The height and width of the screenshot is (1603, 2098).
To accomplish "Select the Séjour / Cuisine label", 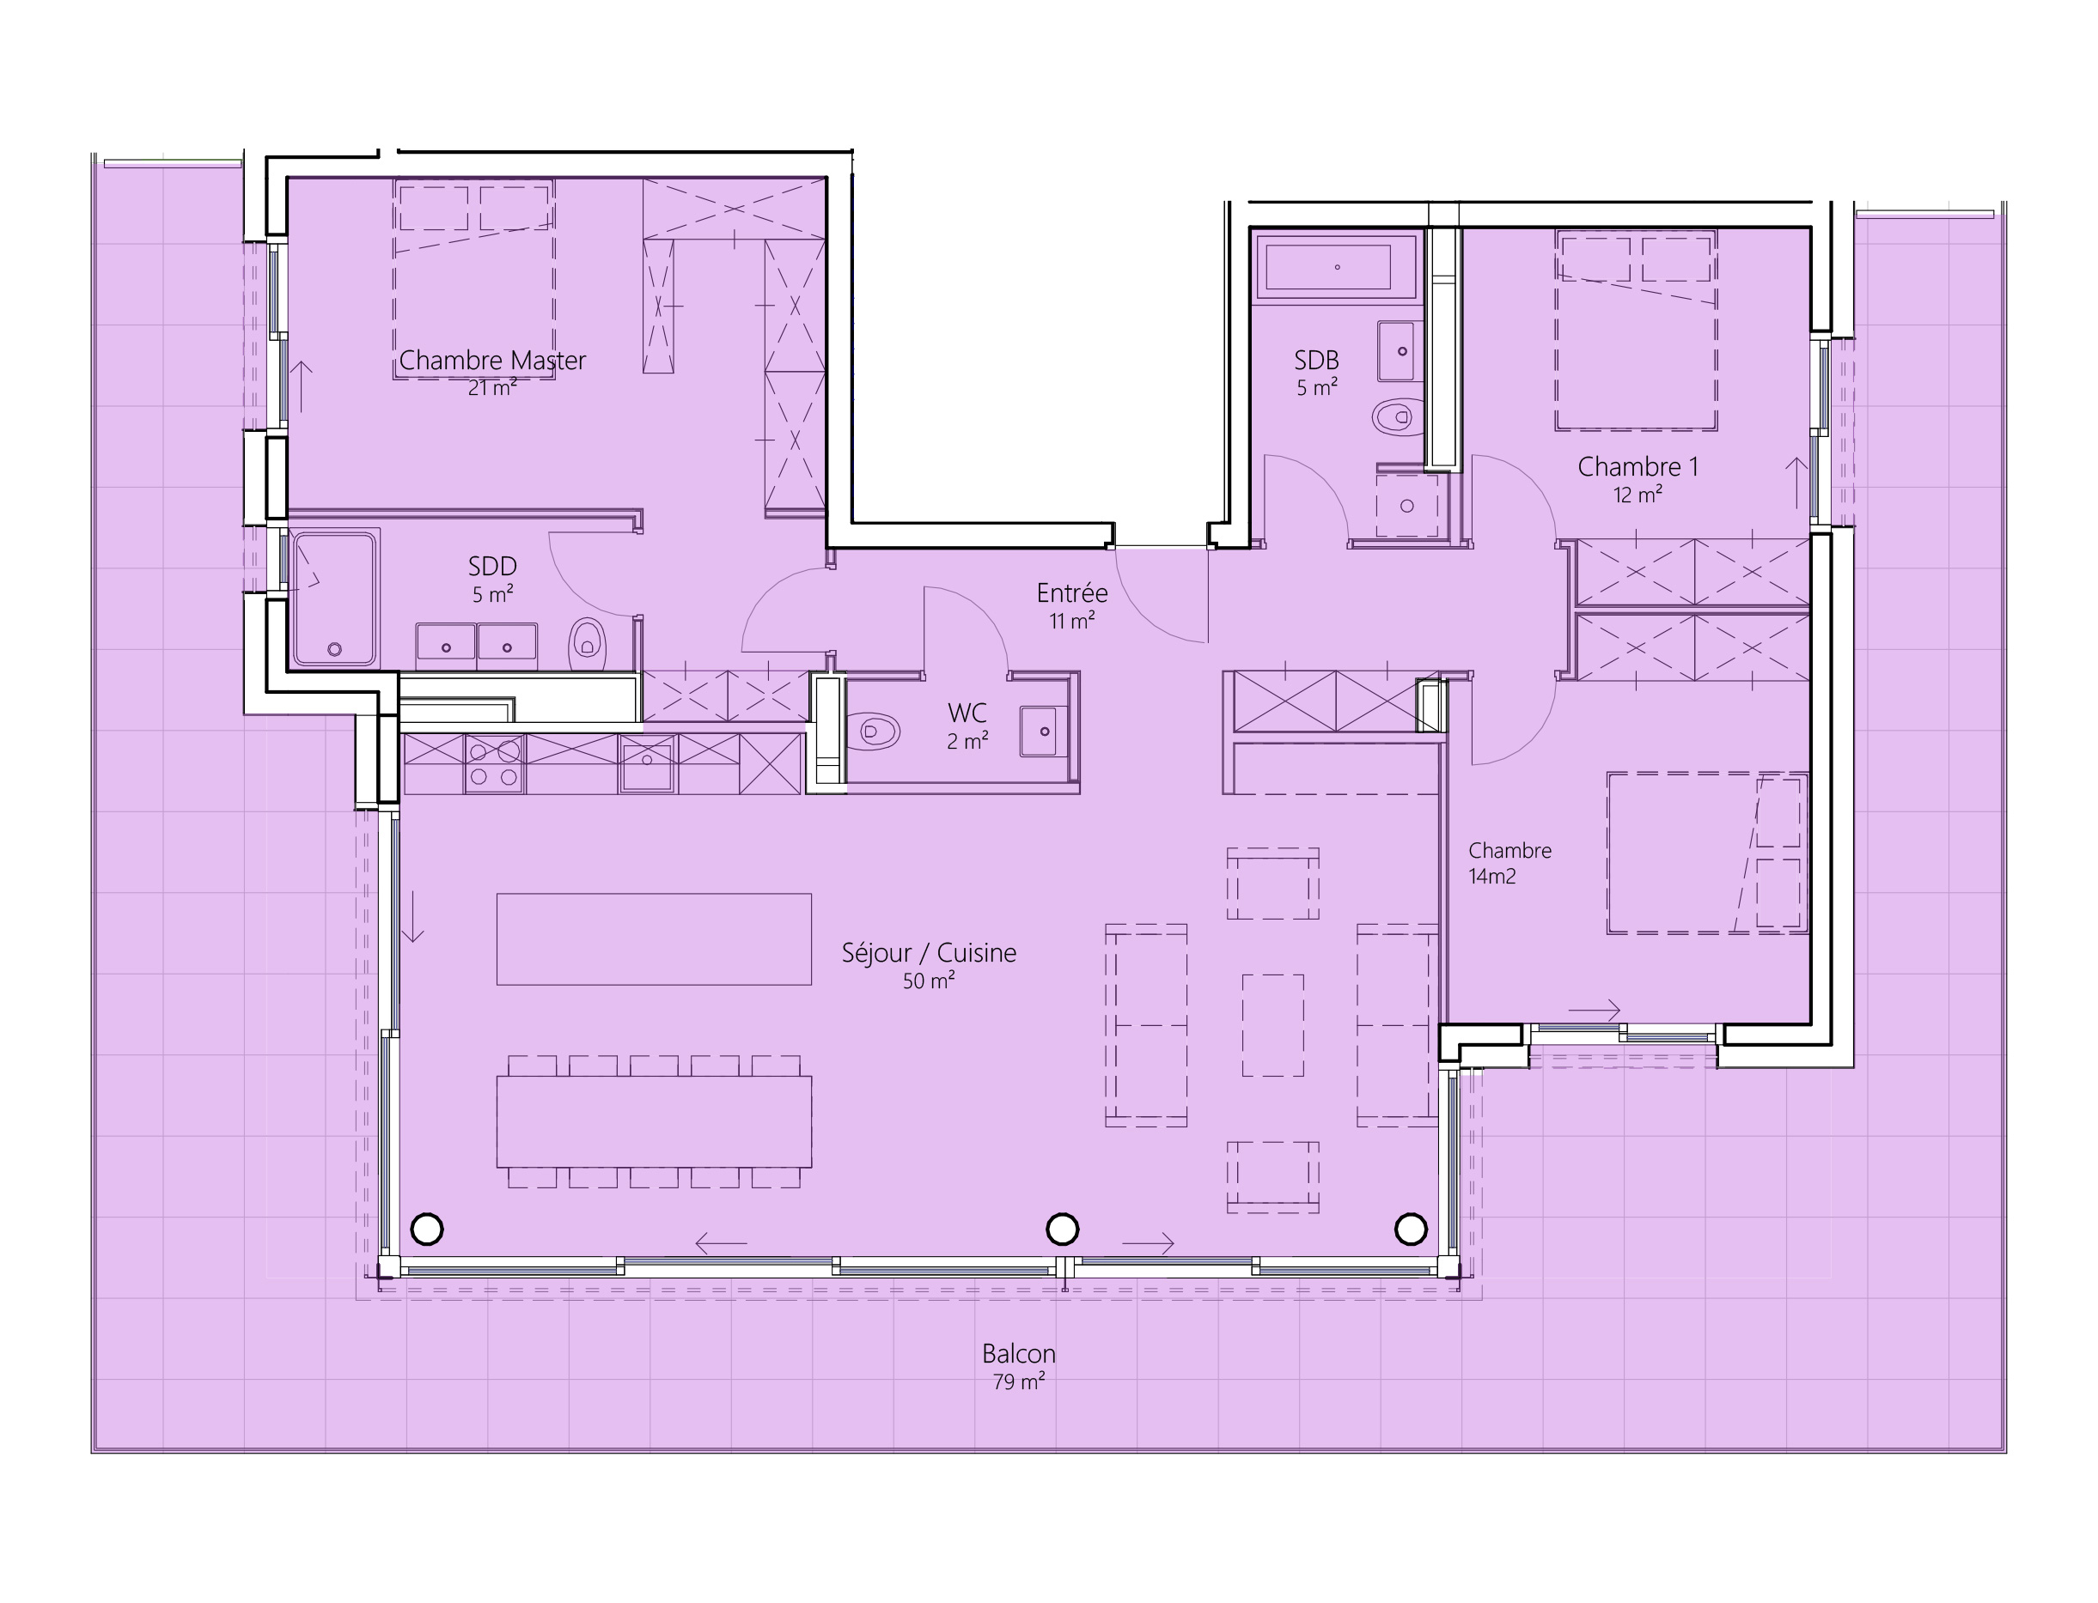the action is tap(929, 965).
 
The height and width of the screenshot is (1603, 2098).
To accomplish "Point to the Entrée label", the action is tap(1072, 606).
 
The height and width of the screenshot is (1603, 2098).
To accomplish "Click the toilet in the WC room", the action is tap(872, 732).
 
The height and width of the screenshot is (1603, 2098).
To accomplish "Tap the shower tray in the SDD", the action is tap(334, 598).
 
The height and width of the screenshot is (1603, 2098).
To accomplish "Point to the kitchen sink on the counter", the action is tap(647, 763).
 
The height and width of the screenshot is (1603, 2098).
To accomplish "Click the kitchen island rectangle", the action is tap(654, 939).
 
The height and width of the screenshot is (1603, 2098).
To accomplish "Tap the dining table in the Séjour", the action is tap(654, 1122).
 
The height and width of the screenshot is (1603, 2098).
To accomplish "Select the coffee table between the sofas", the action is tap(1272, 1025).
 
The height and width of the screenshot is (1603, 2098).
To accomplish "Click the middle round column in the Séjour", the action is tap(1063, 1229).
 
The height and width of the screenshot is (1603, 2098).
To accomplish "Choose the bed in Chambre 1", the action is tap(1636, 329).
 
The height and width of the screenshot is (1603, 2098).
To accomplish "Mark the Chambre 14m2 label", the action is tap(1509, 864).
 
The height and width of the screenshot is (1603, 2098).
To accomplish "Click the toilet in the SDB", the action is tap(1399, 416).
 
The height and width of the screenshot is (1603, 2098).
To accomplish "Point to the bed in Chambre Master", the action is tap(473, 279).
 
